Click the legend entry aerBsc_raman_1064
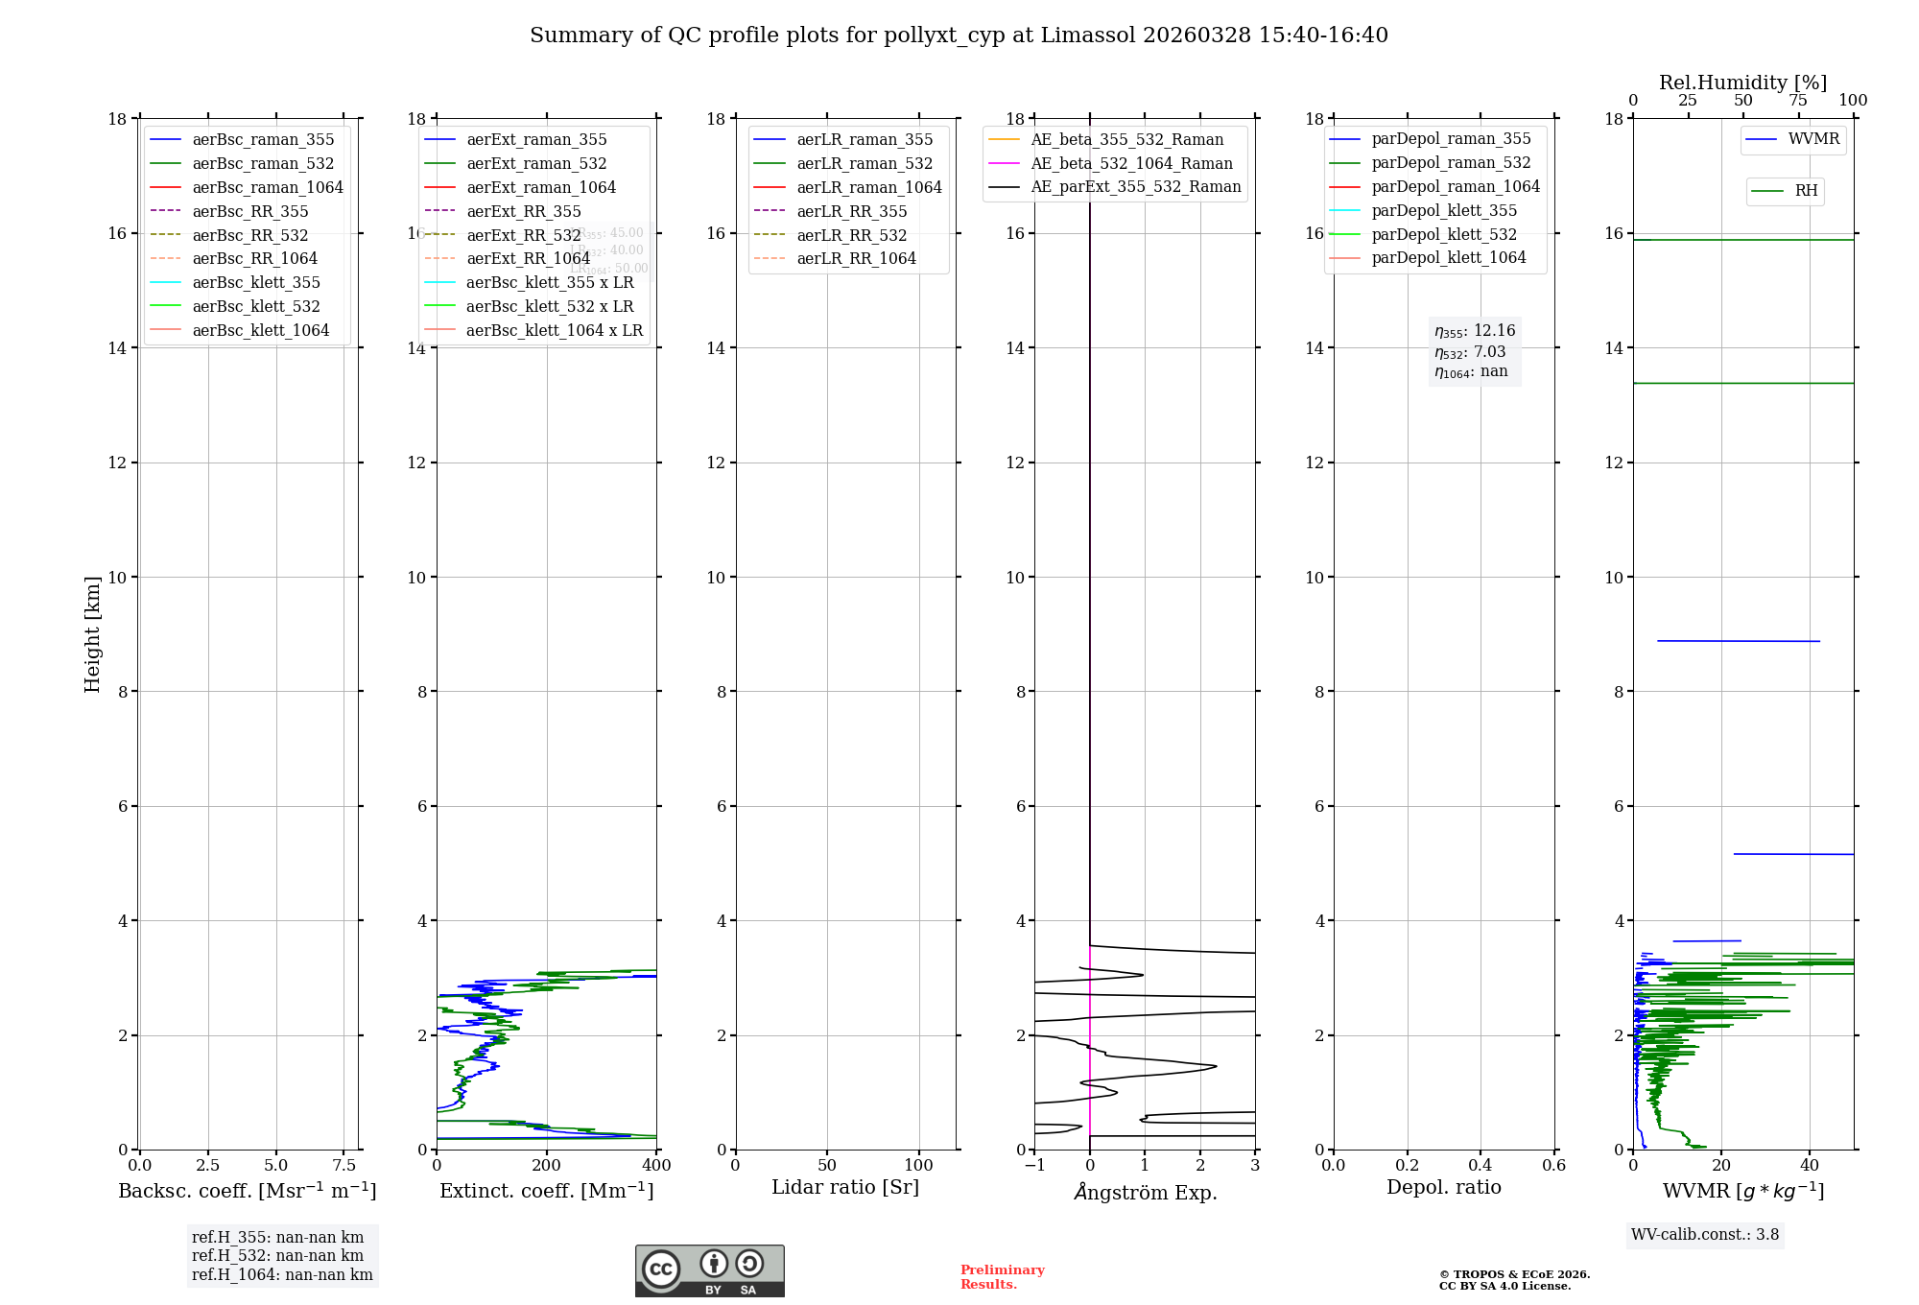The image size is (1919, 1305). (x=268, y=187)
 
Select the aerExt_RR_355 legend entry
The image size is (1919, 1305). (x=523, y=211)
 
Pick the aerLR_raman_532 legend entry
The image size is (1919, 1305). (x=865, y=163)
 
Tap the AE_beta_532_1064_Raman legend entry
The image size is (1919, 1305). (x=1131, y=163)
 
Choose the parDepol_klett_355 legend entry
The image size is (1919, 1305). (x=1444, y=210)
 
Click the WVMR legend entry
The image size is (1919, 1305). (x=1813, y=139)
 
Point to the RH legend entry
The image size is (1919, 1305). (x=1806, y=191)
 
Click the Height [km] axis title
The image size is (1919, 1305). (x=92, y=634)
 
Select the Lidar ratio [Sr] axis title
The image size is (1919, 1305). (x=845, y=1187)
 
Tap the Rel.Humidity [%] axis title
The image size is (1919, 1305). (x=1742, y=83)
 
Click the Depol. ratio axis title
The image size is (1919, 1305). (x=1443, y=1187)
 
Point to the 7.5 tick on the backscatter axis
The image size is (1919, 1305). (x=344, y=1165)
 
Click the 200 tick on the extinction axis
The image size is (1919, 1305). (x=546, y=1165)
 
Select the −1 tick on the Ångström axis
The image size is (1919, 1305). (x=1034, y=1165)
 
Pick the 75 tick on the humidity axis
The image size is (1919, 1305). (x=1798, y=101)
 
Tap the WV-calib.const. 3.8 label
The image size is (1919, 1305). (x=1705, y=1234)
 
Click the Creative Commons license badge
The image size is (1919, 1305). (x=709, y=1271)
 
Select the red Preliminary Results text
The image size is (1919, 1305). (x=1002, y=1277)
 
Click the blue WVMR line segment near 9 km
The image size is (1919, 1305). (x=1738, y=641)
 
